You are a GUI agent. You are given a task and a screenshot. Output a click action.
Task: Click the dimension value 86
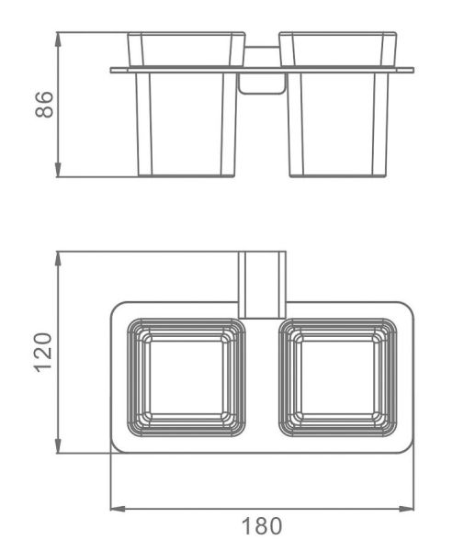coord(44,105)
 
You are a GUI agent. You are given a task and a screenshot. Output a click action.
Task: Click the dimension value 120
coord(43,352)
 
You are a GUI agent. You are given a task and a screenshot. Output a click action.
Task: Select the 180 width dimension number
coord(262,526)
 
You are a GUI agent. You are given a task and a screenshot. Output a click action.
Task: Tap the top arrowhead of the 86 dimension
coord(59,39)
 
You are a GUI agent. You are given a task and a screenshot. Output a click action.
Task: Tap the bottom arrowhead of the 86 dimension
coord(59,170)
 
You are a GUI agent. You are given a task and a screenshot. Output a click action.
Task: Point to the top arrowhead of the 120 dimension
coord(59,259)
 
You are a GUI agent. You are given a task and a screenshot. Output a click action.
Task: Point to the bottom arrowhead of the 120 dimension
coord(59,445)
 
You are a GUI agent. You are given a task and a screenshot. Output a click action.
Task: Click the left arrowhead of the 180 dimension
coord(119,509)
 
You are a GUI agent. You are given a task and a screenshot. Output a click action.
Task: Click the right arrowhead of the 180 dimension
coord(406,509)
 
